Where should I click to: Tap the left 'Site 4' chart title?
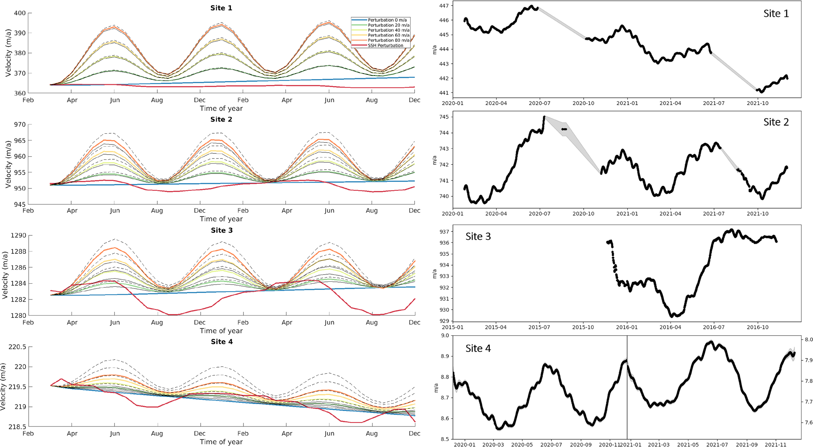221,342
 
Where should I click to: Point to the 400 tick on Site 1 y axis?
20,13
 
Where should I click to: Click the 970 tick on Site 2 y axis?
20,125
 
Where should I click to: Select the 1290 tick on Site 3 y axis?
18,236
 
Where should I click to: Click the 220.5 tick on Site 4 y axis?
17,347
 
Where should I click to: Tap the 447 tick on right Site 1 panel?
444,6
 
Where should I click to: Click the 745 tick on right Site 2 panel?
444,117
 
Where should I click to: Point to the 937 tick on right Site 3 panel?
444,231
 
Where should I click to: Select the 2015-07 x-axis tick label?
539,327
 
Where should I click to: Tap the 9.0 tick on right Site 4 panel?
445,336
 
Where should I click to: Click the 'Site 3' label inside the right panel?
478,236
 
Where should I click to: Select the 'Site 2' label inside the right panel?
776,122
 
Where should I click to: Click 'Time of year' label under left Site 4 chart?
221,442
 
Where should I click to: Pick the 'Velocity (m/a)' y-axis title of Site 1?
8,53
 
